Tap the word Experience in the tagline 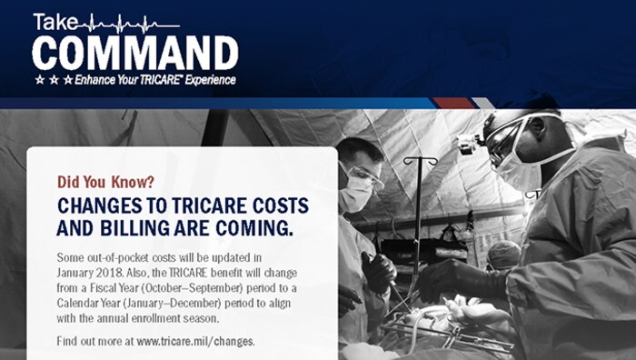click(213, 81)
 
